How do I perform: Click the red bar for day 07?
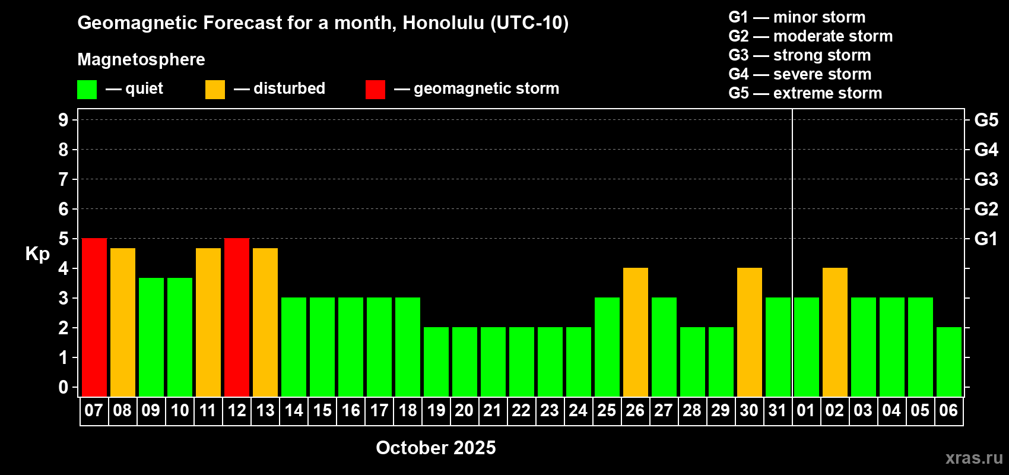pyautogui.click(x=94, y=317)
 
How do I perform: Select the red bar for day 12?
pyautogui.click(x=237, y=317)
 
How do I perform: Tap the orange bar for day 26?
pyautogui.click(x=636, y=332)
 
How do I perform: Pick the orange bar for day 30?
pyautogui.click(x=750, y=332)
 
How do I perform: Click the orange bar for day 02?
pyautogui.click(x=835, y=332)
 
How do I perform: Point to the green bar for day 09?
pyautogui.click(x=151, y=337)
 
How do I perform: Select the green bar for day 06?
pyautogui.click(x=949, y=362)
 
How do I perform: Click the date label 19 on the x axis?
pyautogui.click(x=436, y=410)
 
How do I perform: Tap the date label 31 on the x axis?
pyautogui.click(x=778, y=410)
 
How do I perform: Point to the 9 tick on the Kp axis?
pyautogui.click(x=64, y=120)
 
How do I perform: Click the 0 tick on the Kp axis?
pyautogui.click(x=64, y=387)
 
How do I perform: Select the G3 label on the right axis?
pyautogui.click(x=986, y=179)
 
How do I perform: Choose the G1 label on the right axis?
pyautogui.click(x=986, y=239)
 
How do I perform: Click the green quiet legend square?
pyautogui.click(x=87, y=89)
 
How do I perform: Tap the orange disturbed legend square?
pyautogui.click(x=215, y=89)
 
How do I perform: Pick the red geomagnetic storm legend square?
pyautogui.click(x=375, y=89)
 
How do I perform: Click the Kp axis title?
pyautogui.click(x=37, y=254)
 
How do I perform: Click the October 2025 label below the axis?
pyautogui.click(x=436, y=448)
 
